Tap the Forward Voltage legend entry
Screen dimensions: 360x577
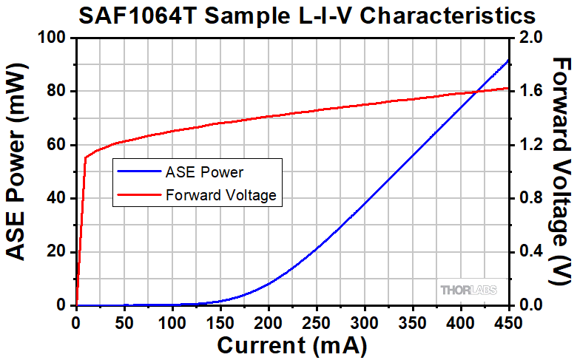(220, 195)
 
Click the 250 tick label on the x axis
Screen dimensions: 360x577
(316, 322)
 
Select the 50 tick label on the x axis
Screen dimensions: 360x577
(124, 322)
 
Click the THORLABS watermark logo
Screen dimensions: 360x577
(468, 290)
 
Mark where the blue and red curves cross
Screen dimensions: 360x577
(477, 91)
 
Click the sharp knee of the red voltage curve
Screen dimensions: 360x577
(86, 157)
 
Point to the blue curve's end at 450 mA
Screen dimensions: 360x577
(508, 60)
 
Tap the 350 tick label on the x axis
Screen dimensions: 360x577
(412, 322)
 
